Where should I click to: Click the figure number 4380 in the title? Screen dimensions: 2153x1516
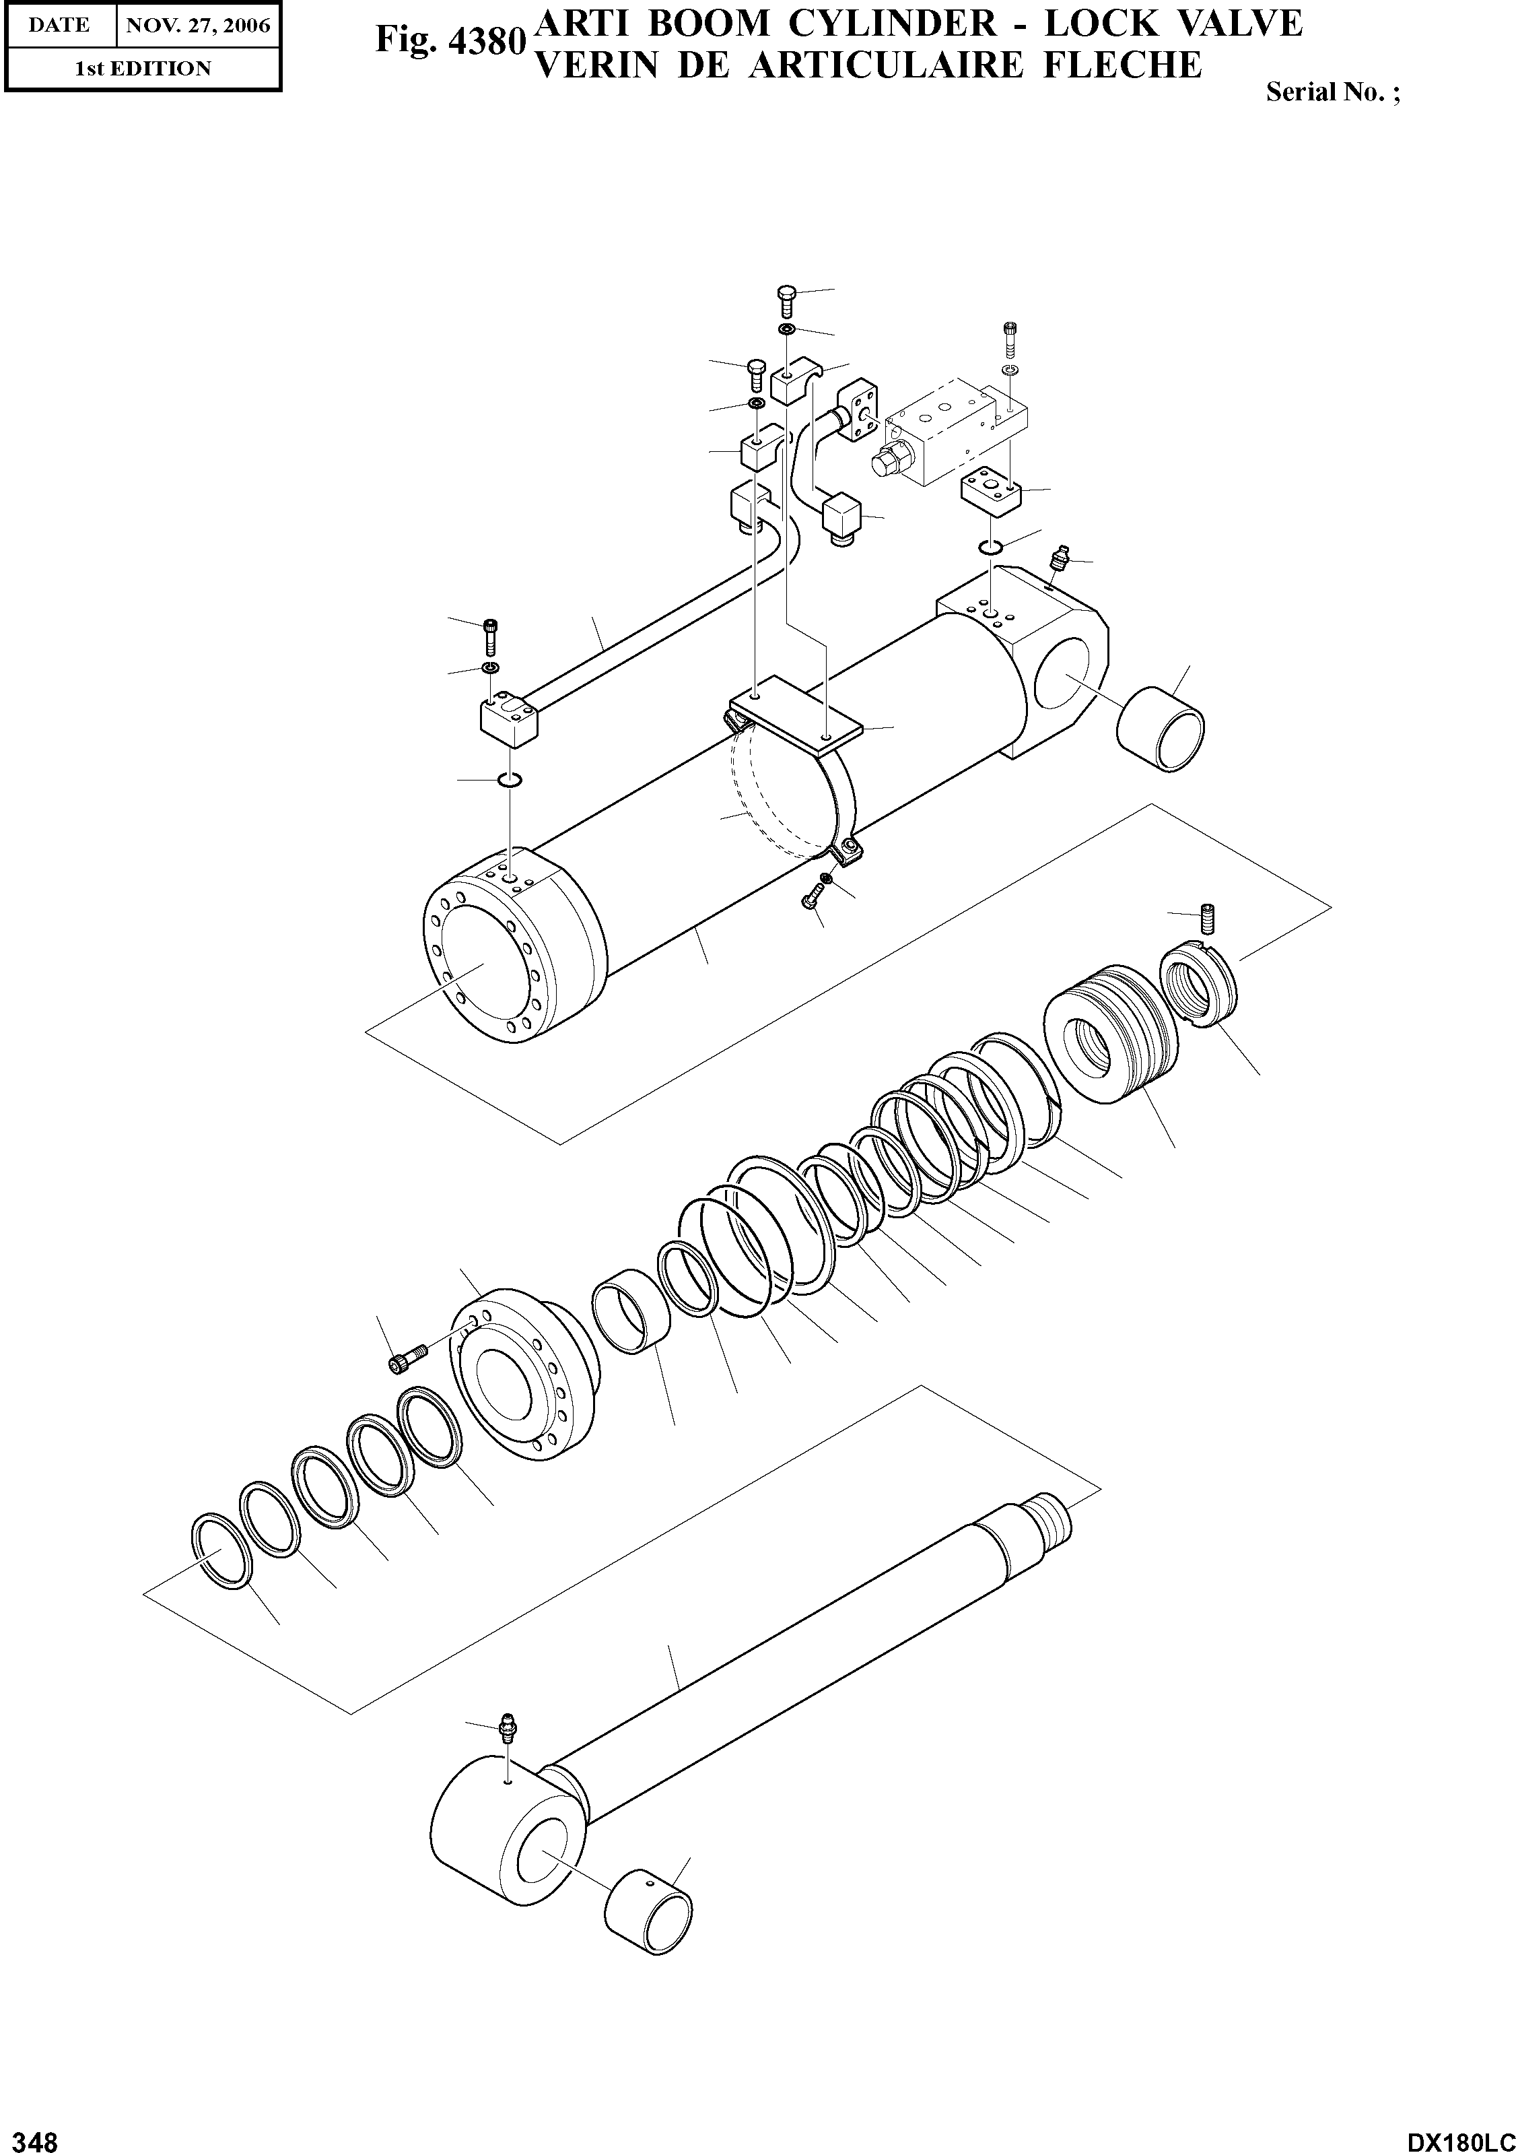coord(448,41)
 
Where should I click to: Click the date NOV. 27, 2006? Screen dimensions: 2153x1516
coord(198,26)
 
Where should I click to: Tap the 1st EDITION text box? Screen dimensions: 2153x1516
coord(143,67)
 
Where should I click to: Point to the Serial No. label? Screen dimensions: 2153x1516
coord(1332,92)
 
